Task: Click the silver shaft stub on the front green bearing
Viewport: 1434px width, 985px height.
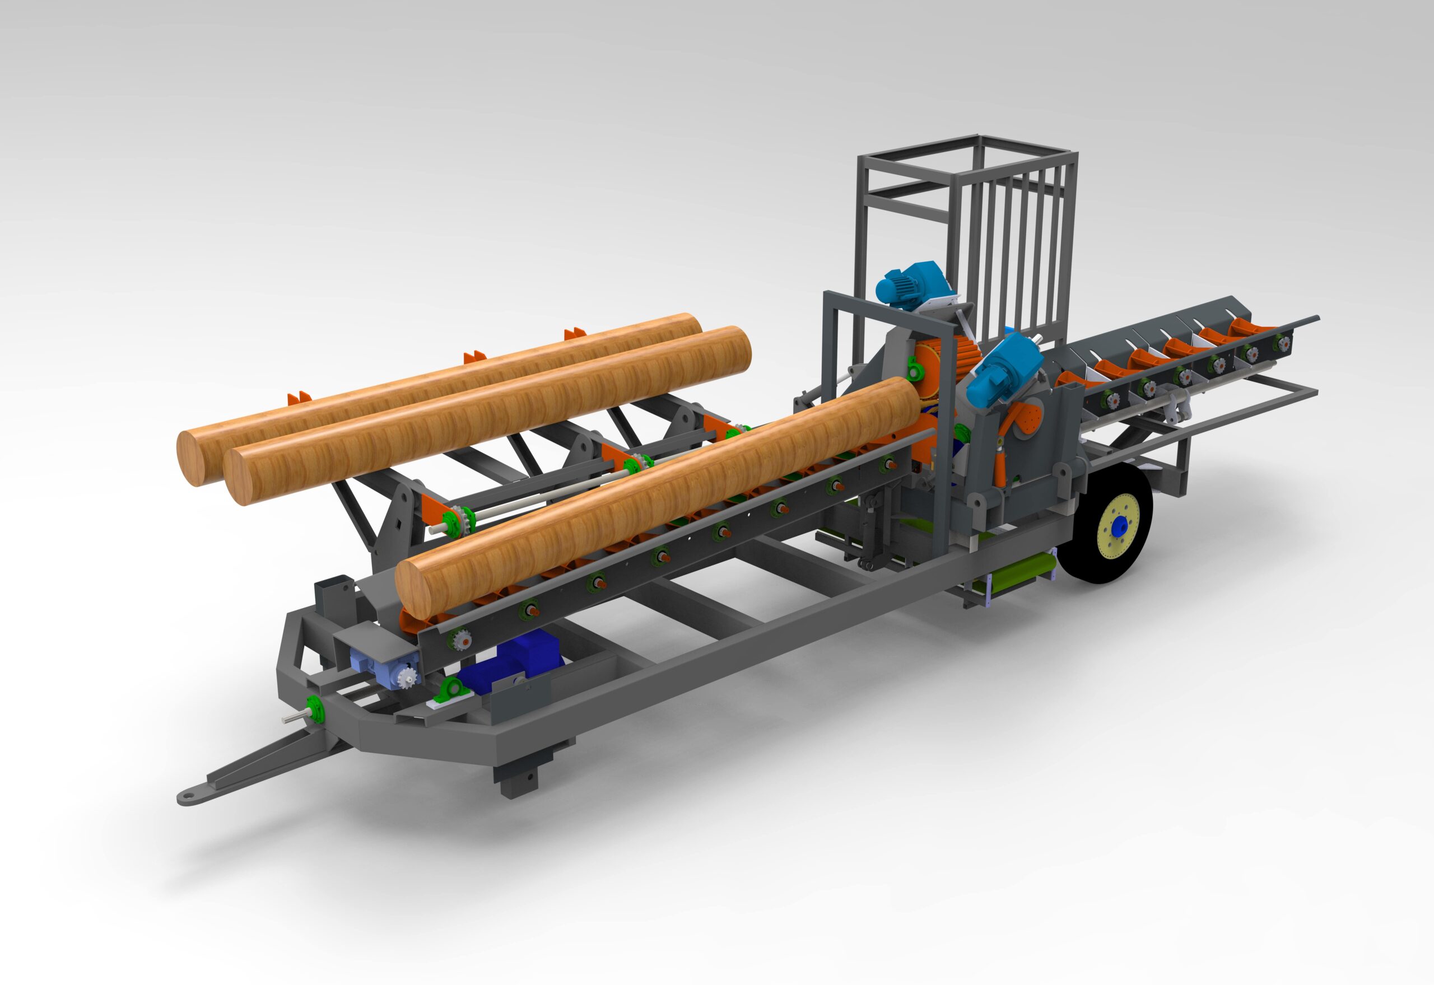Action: [292, 718]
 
